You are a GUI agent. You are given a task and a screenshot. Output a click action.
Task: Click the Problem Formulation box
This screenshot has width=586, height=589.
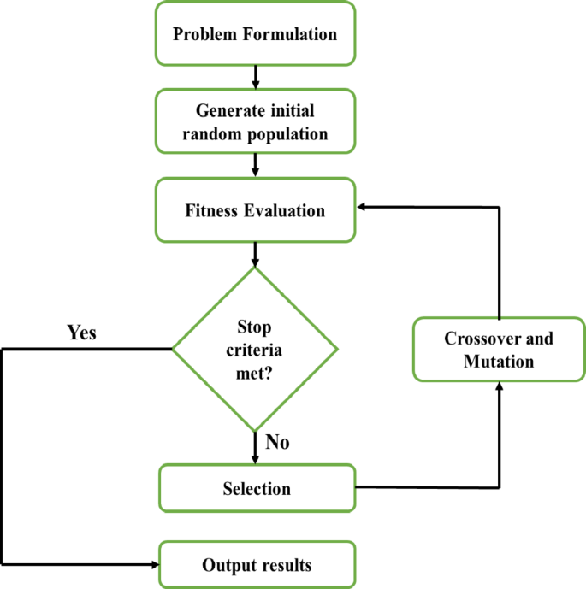[255, 35]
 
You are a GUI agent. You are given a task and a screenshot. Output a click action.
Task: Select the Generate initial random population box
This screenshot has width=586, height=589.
[255, 122]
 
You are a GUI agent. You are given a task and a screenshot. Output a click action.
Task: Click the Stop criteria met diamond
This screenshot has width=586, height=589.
[256, 349]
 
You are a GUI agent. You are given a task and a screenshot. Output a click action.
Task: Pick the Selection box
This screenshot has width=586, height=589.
[256, 489]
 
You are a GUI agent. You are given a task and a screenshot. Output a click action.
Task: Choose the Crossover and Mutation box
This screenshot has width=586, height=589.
[498, 349]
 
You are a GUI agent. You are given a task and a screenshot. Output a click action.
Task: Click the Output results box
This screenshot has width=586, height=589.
[256, 565]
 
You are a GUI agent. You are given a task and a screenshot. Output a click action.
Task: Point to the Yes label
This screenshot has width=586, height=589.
[82, 333]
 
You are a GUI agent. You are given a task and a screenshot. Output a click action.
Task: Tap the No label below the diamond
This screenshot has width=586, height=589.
[277, 443]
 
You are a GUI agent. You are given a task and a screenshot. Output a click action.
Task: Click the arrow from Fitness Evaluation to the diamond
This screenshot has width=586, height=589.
[255, 254]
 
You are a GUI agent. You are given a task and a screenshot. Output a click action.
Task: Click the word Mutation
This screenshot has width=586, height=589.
[498, 362]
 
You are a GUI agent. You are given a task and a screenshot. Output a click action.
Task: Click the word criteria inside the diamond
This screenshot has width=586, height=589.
[256, 349]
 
